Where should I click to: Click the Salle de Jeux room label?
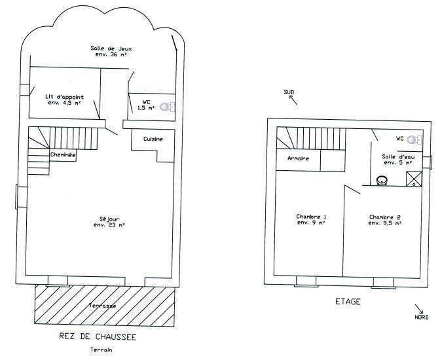click(111, 51)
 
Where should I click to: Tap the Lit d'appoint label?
click(65, 99)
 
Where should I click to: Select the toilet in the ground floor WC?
click(168, 107)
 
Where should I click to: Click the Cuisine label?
click(153, 139)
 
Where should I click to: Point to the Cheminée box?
click(63, 155)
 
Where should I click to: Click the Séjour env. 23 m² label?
click(109, 222)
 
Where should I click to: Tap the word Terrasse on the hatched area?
click(102, 306)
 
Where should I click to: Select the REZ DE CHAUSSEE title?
click(98, 336)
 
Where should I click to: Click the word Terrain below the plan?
click(101, 350)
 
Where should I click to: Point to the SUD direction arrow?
click(293, 100)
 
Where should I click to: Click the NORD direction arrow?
click(419, 309)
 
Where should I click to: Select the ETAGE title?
click(348, 302)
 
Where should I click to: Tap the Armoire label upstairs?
click(299, 158)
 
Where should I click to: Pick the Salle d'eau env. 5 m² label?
click(398, 160)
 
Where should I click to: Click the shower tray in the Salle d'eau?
click(414, 179)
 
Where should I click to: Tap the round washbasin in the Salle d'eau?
click(382, 181)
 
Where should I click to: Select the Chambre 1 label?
click(311, 219)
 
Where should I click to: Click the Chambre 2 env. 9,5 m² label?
click(385, 220)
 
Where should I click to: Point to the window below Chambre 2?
click(383, 283)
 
